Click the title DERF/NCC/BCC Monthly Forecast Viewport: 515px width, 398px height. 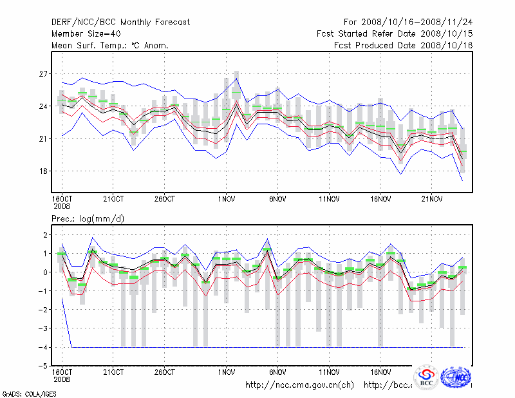(120, 23)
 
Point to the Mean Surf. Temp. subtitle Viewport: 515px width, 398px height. (110, 46)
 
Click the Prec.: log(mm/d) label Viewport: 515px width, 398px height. (88, 219)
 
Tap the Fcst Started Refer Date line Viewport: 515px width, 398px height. (395, 34)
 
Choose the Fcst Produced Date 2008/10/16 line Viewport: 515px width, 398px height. (404, 46)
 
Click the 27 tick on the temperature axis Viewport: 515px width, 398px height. (43, 74)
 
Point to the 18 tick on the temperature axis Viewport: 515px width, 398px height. (43, 171)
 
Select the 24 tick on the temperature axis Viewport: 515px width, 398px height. (43, 106)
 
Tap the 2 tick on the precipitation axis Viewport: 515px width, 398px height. (45, 235)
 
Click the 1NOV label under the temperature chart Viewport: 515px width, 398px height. (226, 198)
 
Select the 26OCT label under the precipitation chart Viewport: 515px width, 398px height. (165, 372)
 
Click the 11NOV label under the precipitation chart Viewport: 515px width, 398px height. (329, 372)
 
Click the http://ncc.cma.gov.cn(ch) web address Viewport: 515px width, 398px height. (299, 385)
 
